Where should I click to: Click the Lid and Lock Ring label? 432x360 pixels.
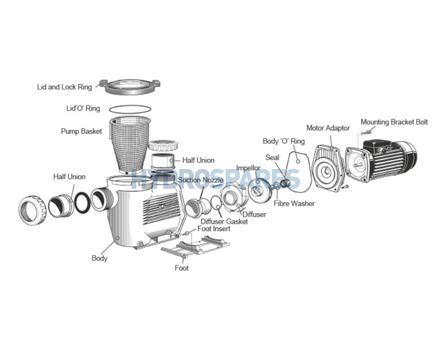tap(64, 87)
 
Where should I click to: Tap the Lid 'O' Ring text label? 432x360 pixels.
tap(83, 109)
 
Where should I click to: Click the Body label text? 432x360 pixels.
tap(100, 259)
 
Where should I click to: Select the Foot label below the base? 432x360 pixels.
tap(181, 268)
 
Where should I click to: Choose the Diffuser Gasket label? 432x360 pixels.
tap(224, 221)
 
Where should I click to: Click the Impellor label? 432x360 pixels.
tap(248, 169)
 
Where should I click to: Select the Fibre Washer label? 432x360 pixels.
tap(294, 203)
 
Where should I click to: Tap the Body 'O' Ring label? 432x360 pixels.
tap(284, 142)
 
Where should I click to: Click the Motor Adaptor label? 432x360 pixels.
tap(328, 128)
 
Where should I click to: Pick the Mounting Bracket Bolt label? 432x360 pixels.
tap(394, 122)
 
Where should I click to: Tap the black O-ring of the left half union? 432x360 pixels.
tap(83, 202)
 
